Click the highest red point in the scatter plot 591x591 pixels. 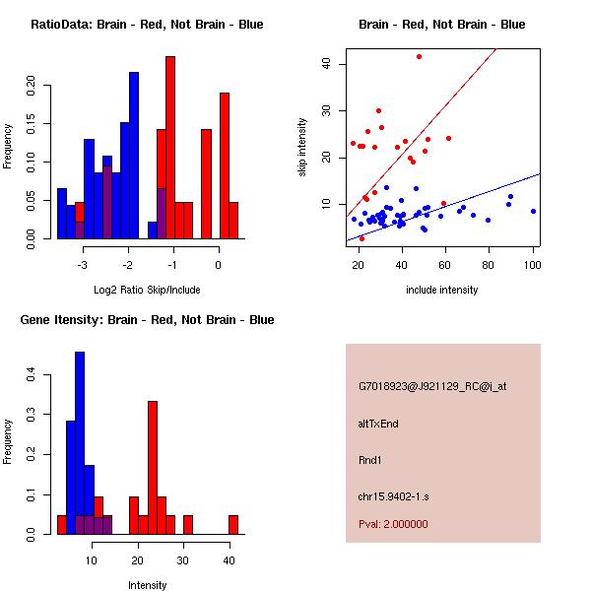coord(419,57)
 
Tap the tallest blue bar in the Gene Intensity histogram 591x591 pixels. coord(80,443)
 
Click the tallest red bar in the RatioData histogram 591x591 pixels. coord(170,148)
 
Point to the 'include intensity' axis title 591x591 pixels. coord(442,290)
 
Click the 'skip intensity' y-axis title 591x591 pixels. coord(302,148)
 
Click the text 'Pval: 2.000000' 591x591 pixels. coord(393,524)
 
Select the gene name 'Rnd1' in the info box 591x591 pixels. coord(369,459)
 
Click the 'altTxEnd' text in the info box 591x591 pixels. coord(378,424)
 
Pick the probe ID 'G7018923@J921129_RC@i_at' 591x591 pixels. coord(432,387)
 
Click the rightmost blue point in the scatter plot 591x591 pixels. coord(533,211)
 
